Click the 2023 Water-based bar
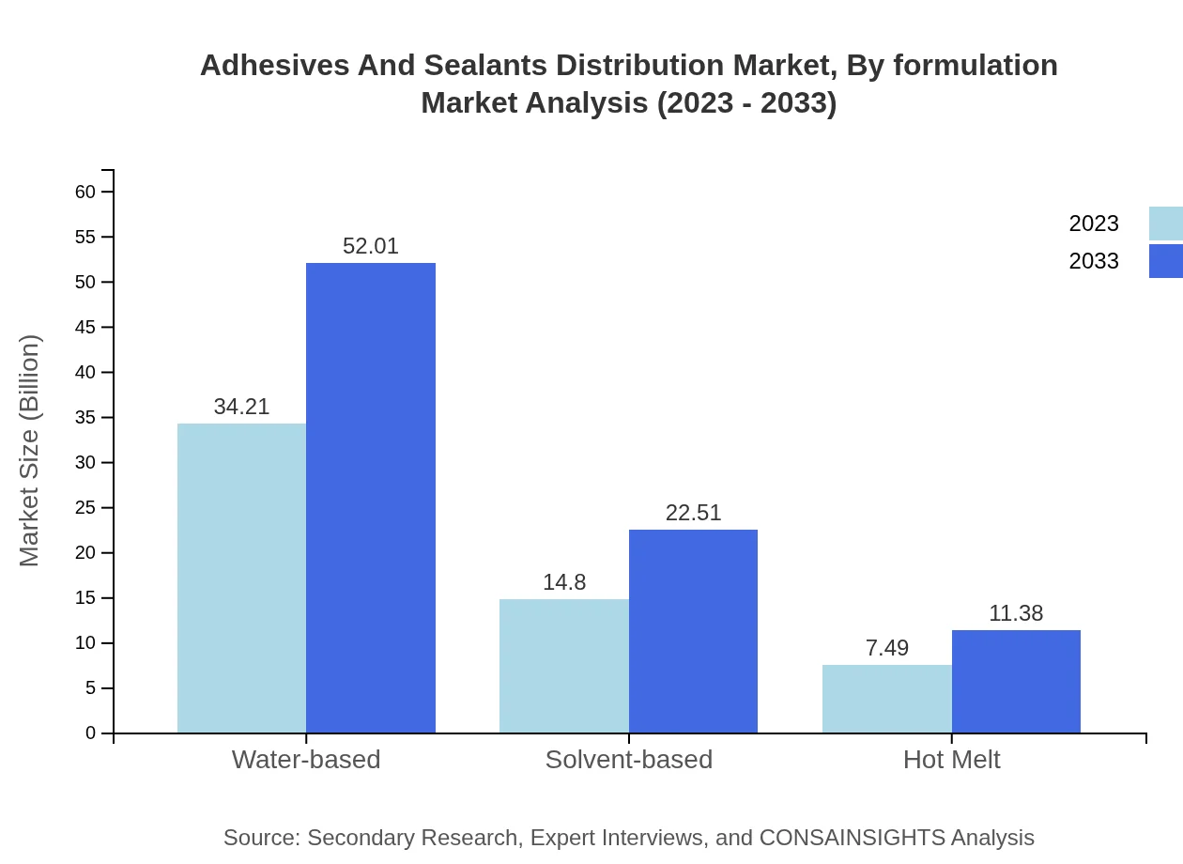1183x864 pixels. [241, 578]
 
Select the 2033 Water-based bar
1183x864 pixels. [371, 498]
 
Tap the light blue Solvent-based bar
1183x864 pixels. [563, 666]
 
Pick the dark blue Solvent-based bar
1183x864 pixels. [693, 631]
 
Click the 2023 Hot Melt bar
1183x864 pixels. [886, 699]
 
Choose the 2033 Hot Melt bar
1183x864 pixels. [1016, 681]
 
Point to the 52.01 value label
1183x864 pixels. [371, 246]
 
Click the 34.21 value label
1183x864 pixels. [241, 407]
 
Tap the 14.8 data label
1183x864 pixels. [564, 582]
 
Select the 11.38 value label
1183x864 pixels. [1016, 613]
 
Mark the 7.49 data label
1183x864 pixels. [887, 648]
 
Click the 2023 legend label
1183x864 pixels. [1094, 224]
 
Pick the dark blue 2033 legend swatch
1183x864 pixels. [1166, 261]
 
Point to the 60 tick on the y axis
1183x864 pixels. [85, 192]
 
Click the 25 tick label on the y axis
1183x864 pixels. [85, 508]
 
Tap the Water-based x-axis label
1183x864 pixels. [306, 759]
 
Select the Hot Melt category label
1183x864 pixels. [951, 759]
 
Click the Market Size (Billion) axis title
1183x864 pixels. [30, 451]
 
